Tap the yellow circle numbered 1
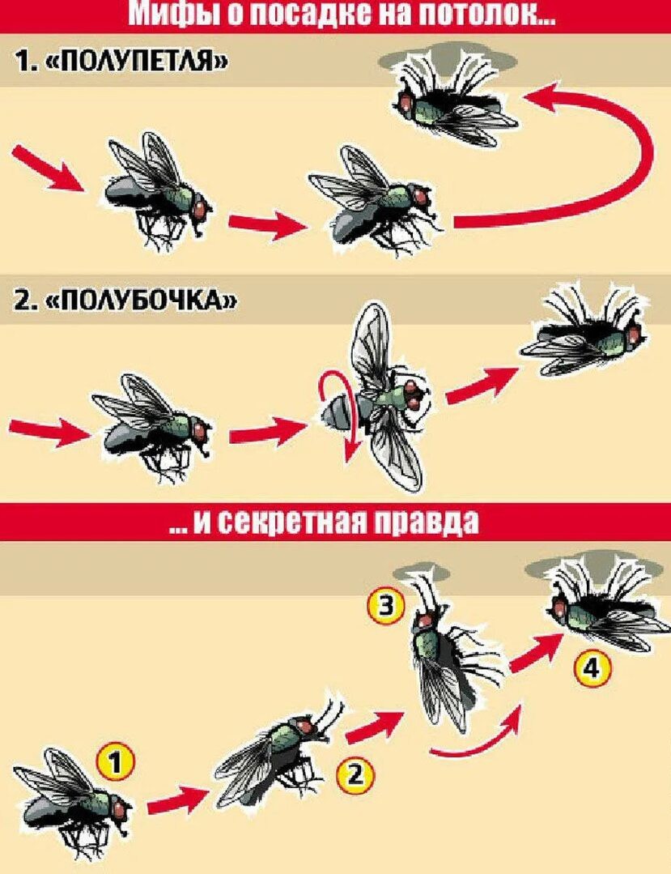click(x=114, y=763)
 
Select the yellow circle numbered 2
click(x=355, y=775)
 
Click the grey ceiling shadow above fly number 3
click(x=420, y=573)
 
